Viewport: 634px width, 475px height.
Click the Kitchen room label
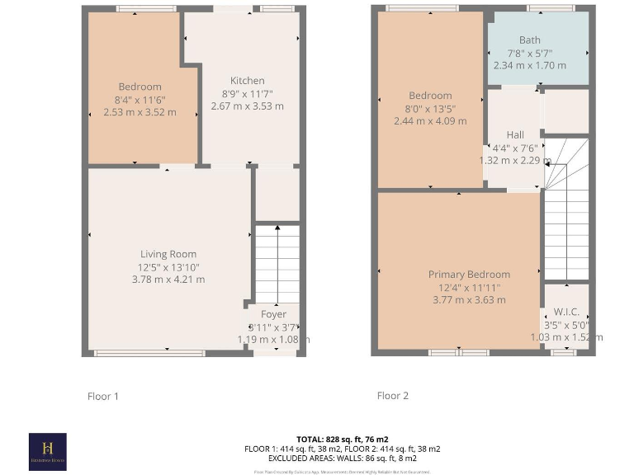[248, 81]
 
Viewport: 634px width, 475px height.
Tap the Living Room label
[168, 254]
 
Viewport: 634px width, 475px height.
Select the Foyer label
[274, 314]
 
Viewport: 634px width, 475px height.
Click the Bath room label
[529, 40]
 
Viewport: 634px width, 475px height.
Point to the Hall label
[515, 135]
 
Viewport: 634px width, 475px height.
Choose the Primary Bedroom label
[469, 275]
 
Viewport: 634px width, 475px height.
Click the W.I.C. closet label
[566, 312]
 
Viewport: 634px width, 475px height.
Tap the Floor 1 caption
[103, 396]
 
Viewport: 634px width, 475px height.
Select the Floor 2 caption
[393, 396]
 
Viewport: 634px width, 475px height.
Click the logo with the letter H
[47, 450]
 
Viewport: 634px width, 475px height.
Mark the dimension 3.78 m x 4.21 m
[168, 280]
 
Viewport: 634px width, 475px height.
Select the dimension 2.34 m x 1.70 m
[529, 65]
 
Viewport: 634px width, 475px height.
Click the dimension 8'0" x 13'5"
[430, 108]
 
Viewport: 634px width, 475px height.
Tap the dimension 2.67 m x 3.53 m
[248, 106]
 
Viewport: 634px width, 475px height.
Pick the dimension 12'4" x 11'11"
[469, 287]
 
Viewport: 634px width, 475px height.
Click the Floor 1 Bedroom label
[140, 87]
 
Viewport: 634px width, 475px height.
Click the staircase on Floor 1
[277, 264]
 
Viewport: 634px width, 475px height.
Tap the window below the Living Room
[150, 354]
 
